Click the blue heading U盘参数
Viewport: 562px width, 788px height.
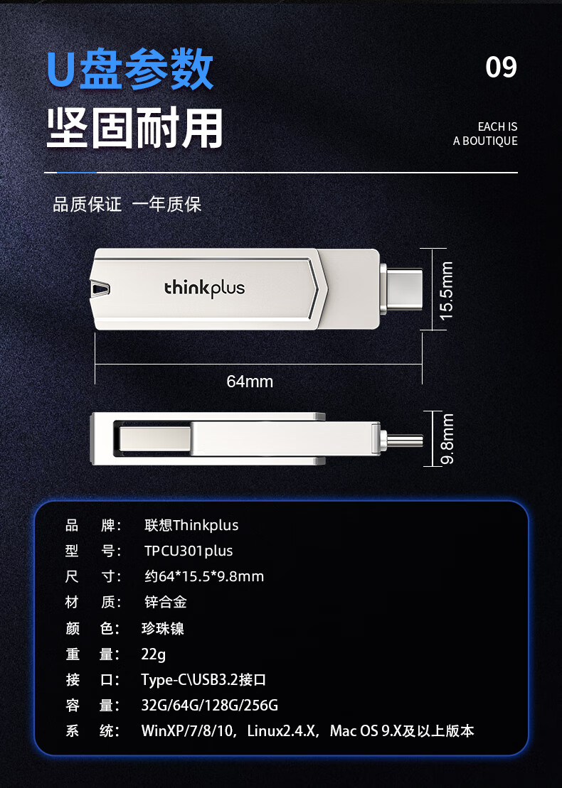point(129,69)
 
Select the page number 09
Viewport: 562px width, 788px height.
point(501,67)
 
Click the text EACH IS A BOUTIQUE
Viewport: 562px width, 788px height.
point(485,134)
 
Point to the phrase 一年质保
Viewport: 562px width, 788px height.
point(166,204)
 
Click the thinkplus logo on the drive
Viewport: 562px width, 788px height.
point(204,288)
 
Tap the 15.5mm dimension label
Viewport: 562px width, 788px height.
point(446,291)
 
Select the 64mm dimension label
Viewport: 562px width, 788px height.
point(250,382)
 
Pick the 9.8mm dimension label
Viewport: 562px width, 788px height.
point(447,438)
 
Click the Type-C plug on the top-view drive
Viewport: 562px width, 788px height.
point(401,289)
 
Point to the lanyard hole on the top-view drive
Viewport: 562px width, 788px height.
point(100,288)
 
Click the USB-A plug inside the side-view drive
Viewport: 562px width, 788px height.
point(155,438)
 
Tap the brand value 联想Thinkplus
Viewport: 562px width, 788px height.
point(191,525)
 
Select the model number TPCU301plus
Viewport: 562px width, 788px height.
point(189,551)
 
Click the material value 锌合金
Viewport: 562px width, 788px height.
point(166,602)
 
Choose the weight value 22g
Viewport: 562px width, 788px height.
point(153,654)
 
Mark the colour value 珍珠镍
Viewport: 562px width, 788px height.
point(163,628)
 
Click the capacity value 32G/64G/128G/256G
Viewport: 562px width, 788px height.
point(209,705)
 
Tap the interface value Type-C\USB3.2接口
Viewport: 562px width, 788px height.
point(203,679)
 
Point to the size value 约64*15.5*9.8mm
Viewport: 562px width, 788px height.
point(204,576)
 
